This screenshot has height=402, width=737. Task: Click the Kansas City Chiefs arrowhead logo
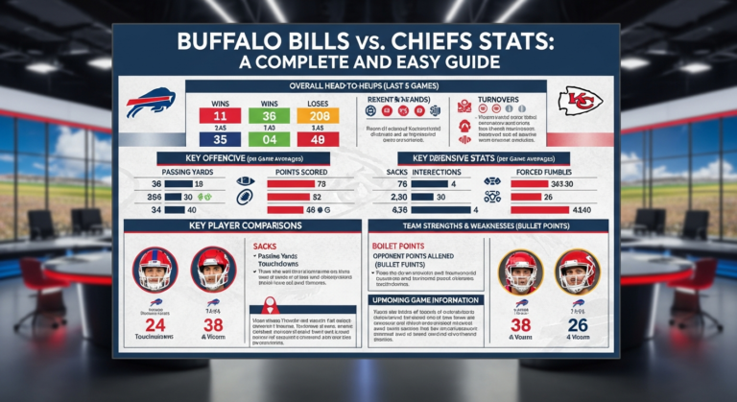(581, 100)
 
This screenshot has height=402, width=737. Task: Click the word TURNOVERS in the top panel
(497, 99)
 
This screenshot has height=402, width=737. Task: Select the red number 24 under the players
(154, 324)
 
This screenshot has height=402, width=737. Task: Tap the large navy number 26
(578, 324)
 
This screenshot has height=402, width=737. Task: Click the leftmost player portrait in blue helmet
(154, 269)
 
